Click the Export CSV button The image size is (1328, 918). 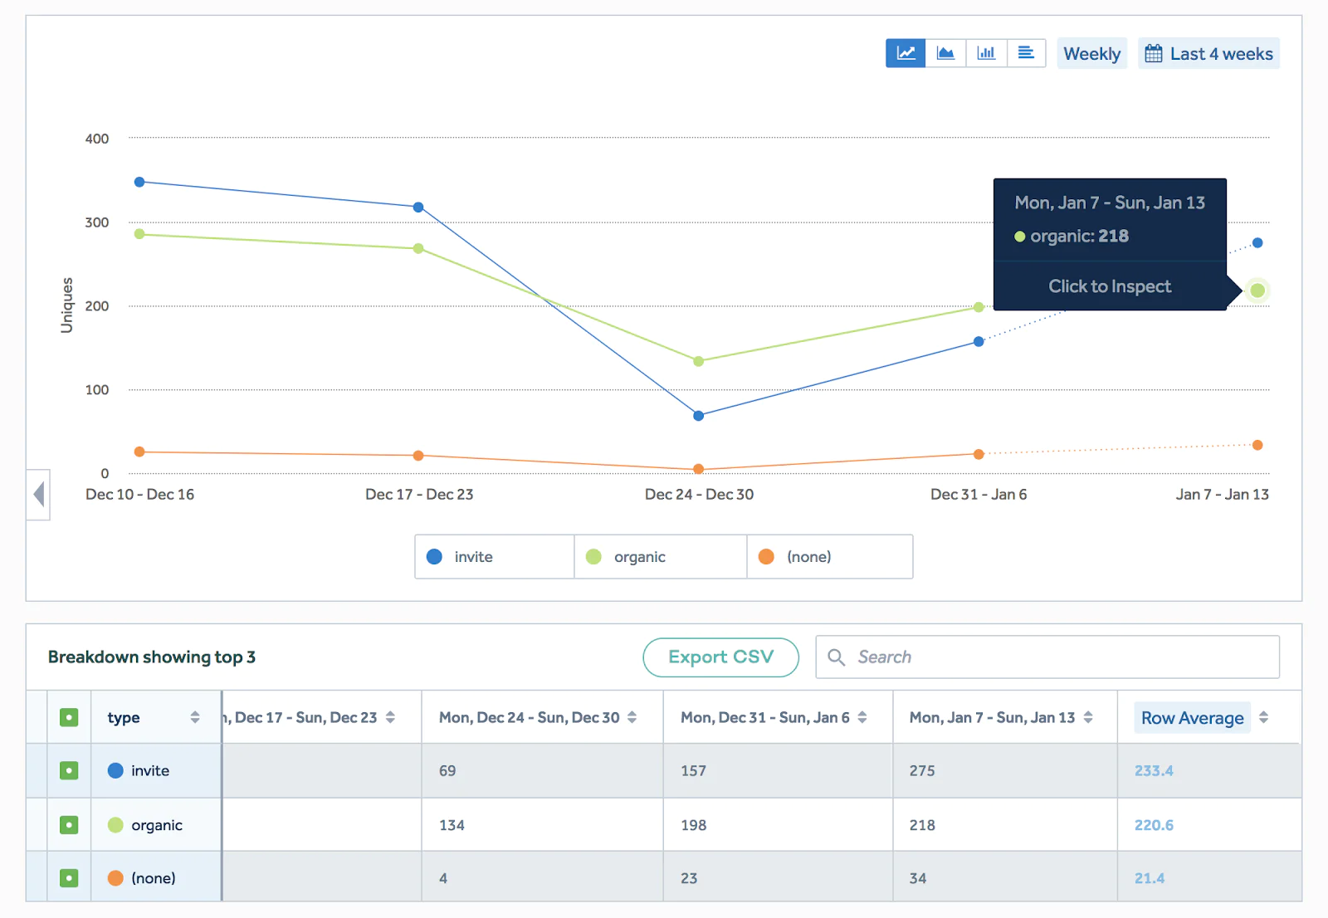(720, 657)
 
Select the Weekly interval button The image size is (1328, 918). (1091, 54)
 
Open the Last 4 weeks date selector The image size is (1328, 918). (1208, 54)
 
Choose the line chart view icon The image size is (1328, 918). (906, 53)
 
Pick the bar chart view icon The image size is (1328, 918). (986, 53)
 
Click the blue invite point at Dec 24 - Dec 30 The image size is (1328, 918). (698, 416)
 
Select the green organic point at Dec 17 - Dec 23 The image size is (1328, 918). (418, 248)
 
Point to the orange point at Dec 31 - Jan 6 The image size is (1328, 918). (979, 454)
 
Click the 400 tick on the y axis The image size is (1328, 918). (97, 139)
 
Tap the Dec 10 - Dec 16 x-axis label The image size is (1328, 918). (139, 495)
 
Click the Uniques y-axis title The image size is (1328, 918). (67, 305)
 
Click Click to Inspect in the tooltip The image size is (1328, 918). (1110, 286)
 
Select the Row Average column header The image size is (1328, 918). (1192, 718)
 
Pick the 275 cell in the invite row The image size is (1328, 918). (922, 771)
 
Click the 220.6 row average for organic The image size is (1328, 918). (1154, 825)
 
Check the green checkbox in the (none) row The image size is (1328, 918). (69, 878)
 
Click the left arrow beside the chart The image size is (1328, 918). (38, 495)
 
